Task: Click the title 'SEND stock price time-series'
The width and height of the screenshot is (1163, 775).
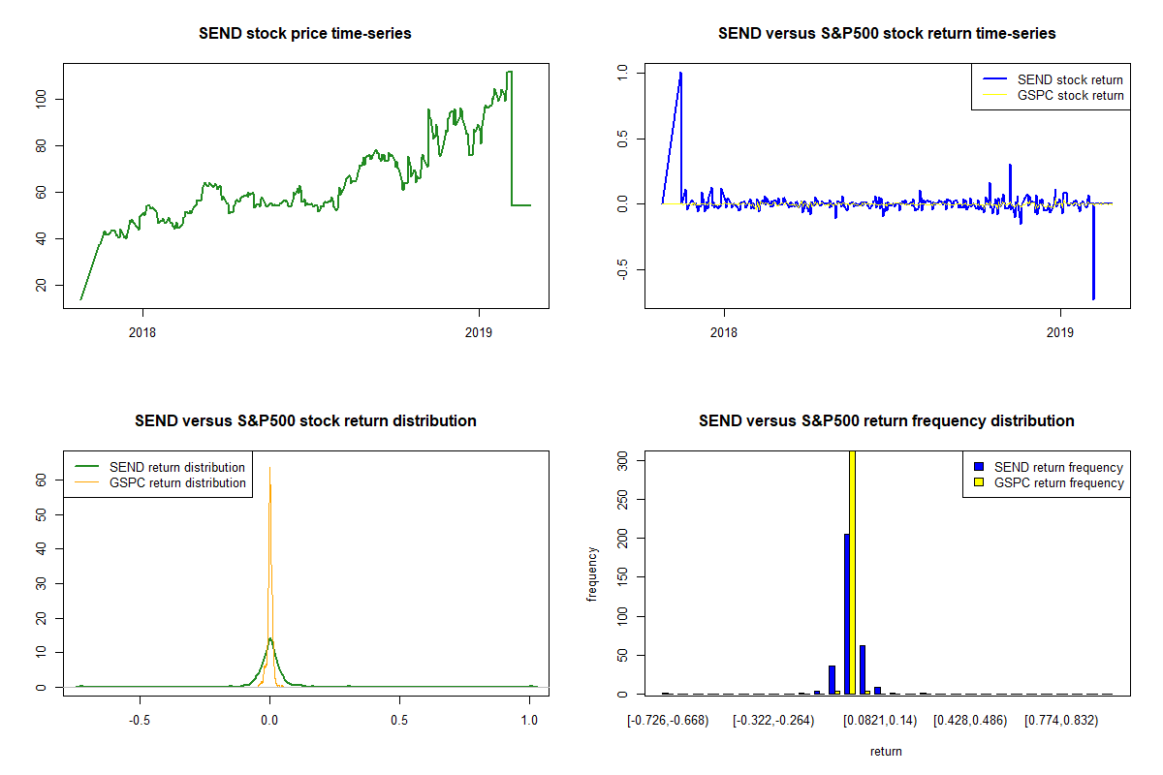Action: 304,34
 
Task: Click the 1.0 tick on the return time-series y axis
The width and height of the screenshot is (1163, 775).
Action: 623,73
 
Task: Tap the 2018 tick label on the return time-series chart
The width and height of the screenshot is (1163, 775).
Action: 723,331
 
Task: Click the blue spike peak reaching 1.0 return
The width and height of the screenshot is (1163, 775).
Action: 680,73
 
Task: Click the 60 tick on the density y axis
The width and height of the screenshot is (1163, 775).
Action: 41,479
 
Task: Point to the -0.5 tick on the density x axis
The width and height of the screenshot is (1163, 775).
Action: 140,721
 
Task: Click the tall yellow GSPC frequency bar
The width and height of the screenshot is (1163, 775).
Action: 852,572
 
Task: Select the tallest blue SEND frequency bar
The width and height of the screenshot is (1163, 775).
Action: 846,614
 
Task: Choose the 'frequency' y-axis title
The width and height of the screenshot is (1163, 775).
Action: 592,574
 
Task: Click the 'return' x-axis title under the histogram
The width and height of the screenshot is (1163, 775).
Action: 886,752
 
